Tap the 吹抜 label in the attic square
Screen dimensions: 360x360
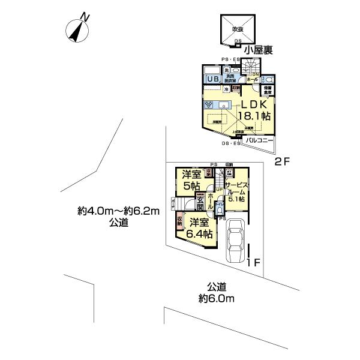pos(238,29)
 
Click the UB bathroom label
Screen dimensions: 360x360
pos(212,79)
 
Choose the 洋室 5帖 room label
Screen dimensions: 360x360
pos(192,180)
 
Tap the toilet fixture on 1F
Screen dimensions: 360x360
pos(220,209)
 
